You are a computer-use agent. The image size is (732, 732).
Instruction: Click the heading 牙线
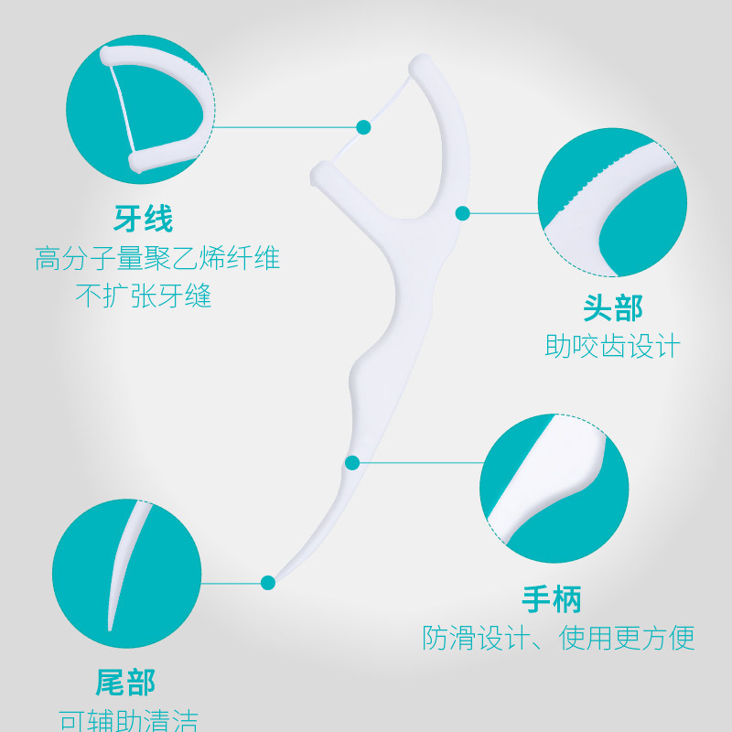pos(144,220)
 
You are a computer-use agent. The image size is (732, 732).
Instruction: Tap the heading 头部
pos(613,307)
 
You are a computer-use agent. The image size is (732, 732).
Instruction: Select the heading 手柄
pos(552,598)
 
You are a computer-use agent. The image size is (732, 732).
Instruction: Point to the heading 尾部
pos(125,682)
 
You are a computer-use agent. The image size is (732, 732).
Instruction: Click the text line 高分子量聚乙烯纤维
pos(157,259)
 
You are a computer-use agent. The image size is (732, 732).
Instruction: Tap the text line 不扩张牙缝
pos(144,296)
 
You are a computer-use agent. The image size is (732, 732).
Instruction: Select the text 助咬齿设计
pos(613,346)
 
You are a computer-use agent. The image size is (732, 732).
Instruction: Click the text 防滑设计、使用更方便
pos(558,637)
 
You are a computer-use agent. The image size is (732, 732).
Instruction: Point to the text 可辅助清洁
pos(128,720)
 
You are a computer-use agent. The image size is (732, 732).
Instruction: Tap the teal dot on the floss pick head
pos(463,213)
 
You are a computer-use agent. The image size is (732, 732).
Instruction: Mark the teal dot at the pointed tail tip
pos(268,582)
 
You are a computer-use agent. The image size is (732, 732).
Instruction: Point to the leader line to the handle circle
pos(421,462)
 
